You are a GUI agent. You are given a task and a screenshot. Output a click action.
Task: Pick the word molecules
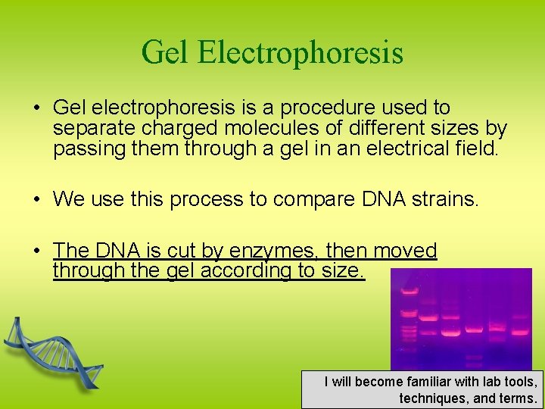point(279,128)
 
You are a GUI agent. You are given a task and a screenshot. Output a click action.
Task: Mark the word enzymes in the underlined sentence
point(261,251)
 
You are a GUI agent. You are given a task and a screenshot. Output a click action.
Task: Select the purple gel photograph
point(460,318)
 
